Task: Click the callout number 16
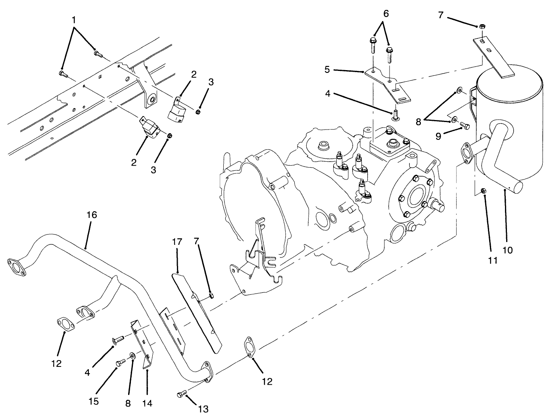[91, 215]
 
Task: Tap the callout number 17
[177, 241]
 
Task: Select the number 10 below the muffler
[507, 250]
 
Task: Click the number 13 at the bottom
[203, 408]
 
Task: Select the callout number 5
[327, 70]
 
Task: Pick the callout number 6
[386, 13]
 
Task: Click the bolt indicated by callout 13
[181, 394]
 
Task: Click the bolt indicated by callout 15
[121, 363]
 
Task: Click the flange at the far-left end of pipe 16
[16, 267]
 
